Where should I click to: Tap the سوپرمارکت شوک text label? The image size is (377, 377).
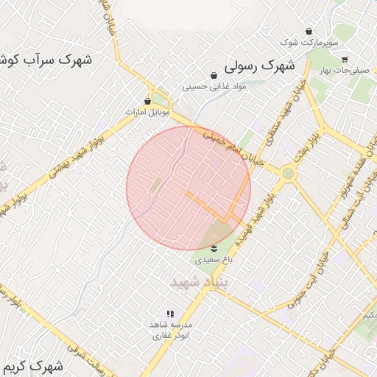308,43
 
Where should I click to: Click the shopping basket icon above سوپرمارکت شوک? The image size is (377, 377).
308,32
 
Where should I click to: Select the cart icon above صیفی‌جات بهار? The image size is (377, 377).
345,60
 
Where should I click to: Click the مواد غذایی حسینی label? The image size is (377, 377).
214,86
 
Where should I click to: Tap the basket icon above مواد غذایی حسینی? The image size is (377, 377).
214,75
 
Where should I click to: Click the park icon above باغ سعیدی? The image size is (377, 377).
214,247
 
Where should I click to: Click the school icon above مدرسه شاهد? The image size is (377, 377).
171,314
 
